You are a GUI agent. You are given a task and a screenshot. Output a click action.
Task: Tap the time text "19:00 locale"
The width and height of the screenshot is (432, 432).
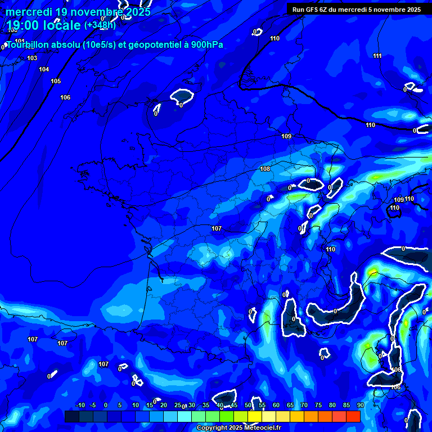pos(44,25)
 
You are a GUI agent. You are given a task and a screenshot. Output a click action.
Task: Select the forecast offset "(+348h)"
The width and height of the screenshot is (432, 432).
pos(100,25)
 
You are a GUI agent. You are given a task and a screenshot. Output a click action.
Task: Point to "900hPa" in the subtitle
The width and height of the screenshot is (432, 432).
pos(205,45)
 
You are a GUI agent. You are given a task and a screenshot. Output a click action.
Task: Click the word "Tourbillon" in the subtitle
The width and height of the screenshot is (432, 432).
pos(28,45)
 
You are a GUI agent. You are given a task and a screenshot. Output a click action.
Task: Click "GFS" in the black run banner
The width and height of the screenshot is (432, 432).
pos(316,10)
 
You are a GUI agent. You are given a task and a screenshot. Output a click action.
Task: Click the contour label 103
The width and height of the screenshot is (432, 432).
pos(32,58)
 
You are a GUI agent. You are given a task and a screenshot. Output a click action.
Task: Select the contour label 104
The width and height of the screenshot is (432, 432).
pos(44,69)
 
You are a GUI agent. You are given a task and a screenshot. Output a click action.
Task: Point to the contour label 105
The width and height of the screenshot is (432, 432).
pos(56,81)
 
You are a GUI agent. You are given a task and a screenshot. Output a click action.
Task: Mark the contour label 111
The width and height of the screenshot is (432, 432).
pos(377,56)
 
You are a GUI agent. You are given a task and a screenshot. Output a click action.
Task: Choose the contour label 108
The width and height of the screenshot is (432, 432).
pos(265,169)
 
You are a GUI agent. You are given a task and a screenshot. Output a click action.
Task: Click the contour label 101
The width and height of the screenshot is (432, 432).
pos(20,41)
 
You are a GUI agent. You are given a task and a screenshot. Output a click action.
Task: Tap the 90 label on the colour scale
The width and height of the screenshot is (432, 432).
pos(360,406)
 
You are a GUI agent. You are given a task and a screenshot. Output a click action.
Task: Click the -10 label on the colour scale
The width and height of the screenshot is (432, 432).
pos(79,406)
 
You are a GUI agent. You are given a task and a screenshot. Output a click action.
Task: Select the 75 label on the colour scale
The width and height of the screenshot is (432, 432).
pos(318,406)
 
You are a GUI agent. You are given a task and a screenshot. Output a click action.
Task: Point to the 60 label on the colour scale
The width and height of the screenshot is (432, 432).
pos(276,406)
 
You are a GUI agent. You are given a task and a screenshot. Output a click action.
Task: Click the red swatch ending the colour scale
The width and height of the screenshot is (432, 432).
pos(353,416)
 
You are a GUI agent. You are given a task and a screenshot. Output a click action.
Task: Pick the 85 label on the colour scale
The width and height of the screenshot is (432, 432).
pos(346,406)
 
